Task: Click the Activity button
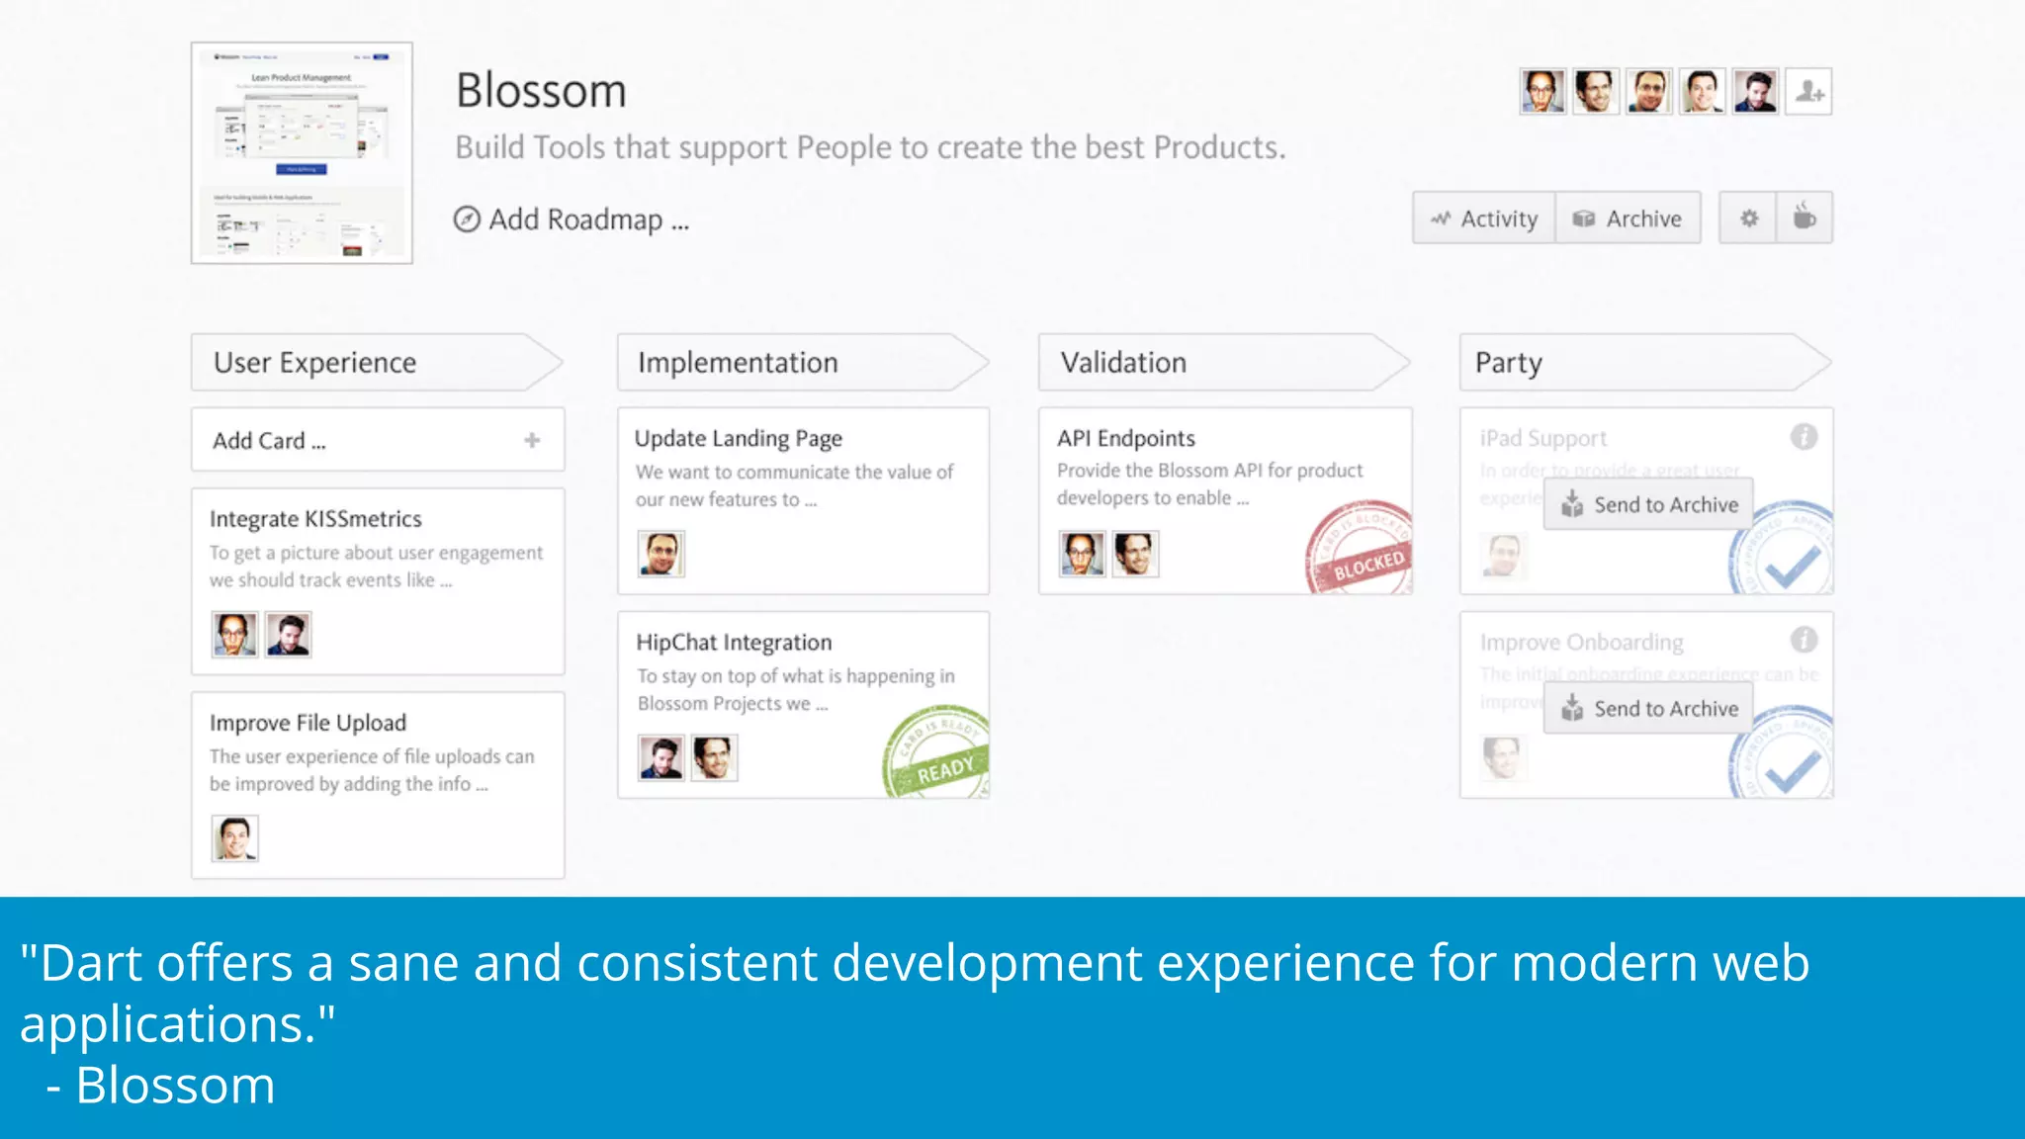1484,219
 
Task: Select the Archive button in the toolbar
1628,219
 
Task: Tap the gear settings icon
1748,219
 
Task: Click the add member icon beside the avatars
1808,92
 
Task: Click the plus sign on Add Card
532,440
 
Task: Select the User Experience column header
315,363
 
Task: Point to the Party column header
1509,363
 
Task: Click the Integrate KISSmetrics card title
315,519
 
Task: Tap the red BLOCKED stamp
1362,554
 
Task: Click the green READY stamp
937,756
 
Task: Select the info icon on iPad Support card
1804,437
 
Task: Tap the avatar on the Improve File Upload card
235,838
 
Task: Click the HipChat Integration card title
734,643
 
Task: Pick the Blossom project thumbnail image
302,153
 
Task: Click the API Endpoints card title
1125,438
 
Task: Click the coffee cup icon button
1805,219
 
